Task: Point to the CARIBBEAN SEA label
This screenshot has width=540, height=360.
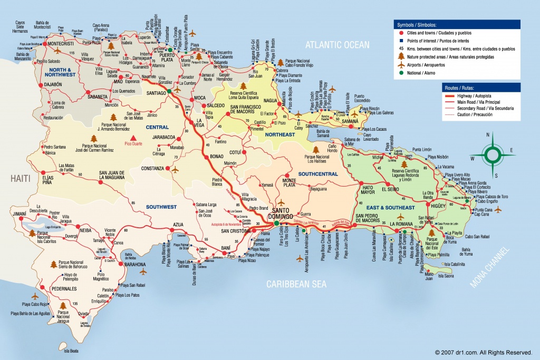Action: (x=296, y=284)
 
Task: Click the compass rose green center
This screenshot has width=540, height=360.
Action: (x=495, y=154)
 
